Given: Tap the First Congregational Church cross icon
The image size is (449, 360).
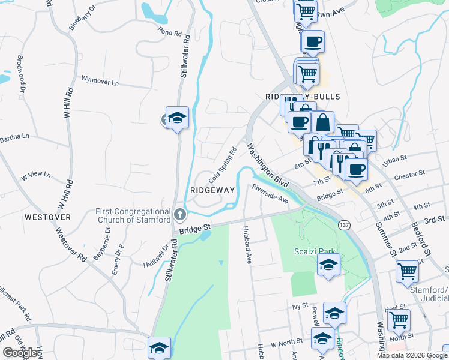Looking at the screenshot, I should pos(179,214).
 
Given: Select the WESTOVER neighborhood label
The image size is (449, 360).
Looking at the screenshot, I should pos(49,217).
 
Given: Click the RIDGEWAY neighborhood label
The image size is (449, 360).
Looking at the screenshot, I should pos(212,190).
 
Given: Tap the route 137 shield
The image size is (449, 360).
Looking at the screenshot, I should pos(344,225).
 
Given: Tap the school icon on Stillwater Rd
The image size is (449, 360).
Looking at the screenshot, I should pos(177,118).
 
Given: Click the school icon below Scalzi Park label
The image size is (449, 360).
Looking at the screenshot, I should pos(328,265).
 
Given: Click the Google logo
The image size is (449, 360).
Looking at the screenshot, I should pos(20,353).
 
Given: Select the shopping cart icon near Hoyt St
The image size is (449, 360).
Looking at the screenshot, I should pos(398,320).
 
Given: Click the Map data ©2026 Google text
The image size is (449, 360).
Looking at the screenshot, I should pos(412,355).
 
